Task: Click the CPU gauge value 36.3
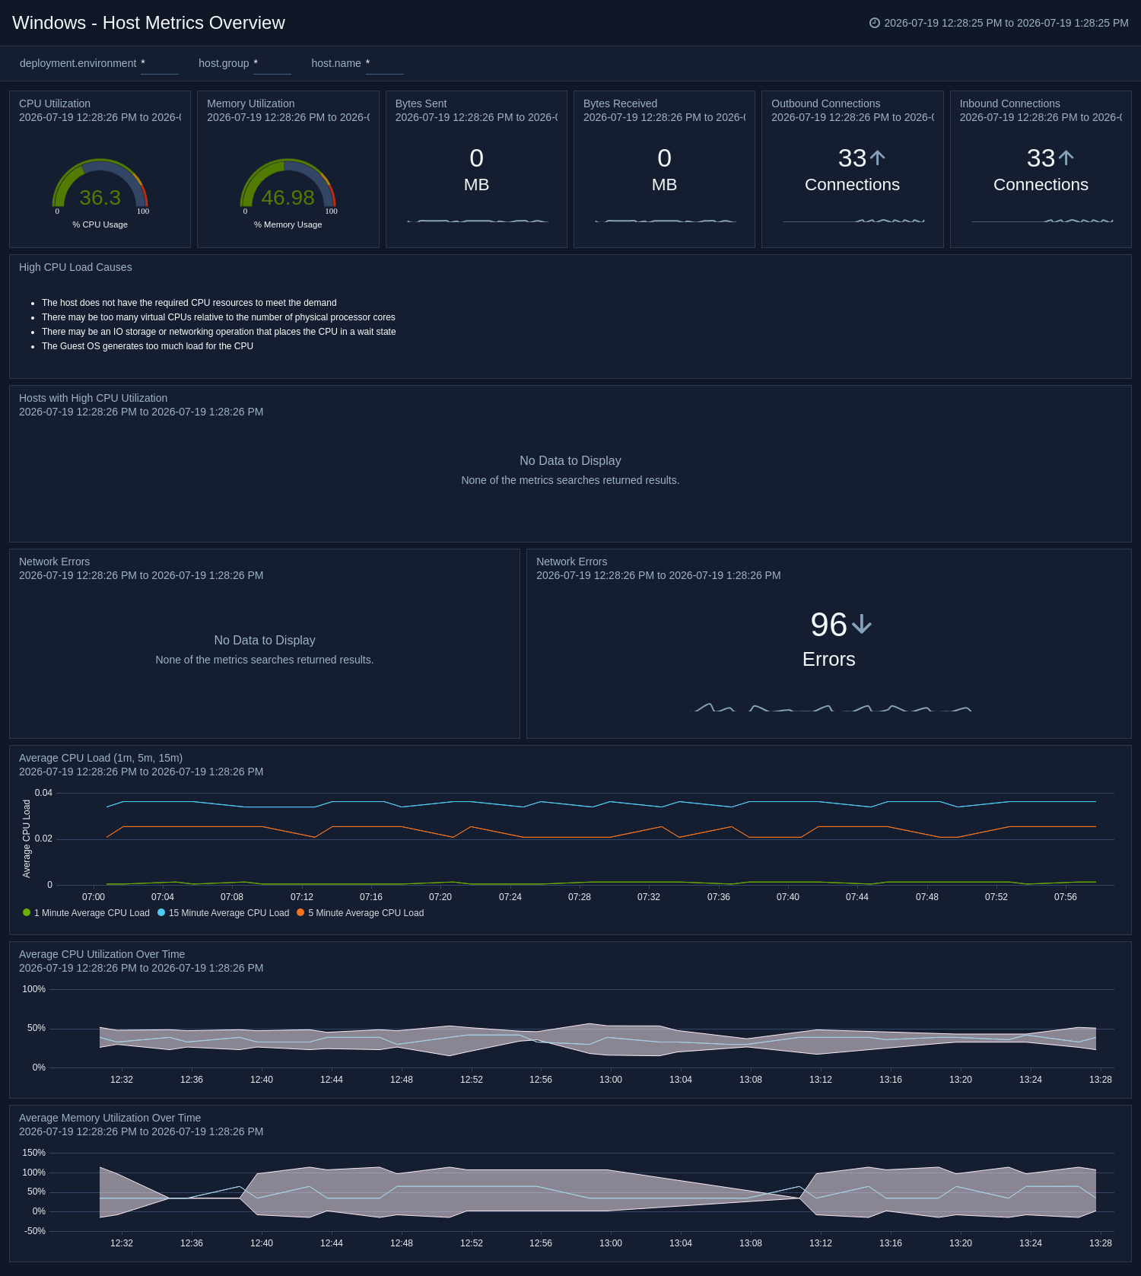(x=100, y=198)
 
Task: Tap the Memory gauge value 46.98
(x=288, y=198)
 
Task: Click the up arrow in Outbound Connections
(x=877, y=158)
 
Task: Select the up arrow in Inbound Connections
(x=1066, y=158)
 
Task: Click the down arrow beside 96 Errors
(x=862, y=625)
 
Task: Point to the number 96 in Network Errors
(x=828, y=625)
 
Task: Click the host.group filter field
(x=272, y=64)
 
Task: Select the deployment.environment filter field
(x=160, y=64)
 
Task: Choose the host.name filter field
(x=385, y=64)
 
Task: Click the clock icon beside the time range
(x=875, y=23)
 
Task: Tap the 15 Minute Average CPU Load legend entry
(x=224, y=913)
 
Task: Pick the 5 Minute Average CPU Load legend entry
(x=361, y=913)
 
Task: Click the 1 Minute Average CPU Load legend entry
(x=87, y=913)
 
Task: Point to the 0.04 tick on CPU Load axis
(x=43, y=793)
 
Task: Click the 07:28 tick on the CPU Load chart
(x=580, y=897)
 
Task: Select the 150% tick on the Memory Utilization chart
(x=34, y=1153)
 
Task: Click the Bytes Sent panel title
(x=421, y=103)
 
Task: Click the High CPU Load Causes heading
(x=75, y=267)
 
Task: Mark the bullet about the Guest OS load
(x=148, y=346)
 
